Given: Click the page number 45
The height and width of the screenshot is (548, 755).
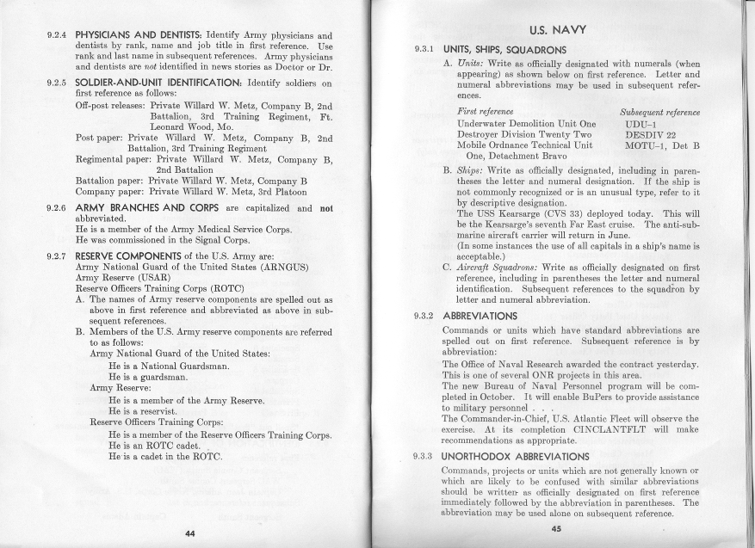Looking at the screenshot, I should point(556,529).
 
